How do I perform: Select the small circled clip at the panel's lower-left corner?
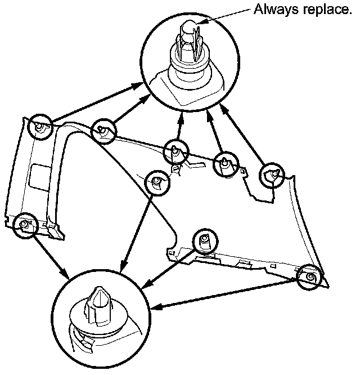[24, 225]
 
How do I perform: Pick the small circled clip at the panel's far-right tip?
[309, 276]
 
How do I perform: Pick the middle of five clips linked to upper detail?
[176, 151]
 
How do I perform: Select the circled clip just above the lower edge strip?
[204, 240]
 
